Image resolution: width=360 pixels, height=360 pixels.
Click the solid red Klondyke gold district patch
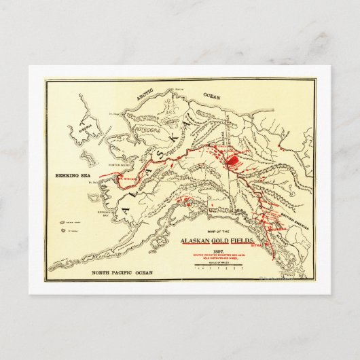click(x=232, y=162)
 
